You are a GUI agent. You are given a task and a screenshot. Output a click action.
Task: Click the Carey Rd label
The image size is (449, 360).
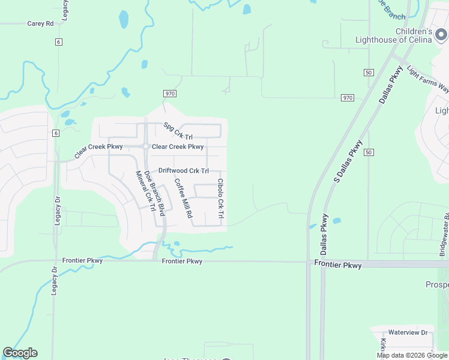(x=41, y=24)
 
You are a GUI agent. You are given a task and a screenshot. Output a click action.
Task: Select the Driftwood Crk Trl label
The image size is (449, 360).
(x=183, y=171)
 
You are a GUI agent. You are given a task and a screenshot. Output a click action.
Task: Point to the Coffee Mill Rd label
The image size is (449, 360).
(x=183, y=197)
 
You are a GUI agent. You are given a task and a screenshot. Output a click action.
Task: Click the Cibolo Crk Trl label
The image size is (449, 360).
(x=220, y=199)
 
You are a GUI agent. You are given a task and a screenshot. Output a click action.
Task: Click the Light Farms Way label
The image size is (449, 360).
(x=427, y=79)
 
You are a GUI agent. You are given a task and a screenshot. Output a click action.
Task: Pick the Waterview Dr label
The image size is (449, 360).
(x=407, y=332)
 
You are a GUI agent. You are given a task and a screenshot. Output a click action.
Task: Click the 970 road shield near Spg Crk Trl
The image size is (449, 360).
(x=169, y=94)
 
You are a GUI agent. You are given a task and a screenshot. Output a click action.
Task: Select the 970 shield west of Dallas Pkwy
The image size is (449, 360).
(x=348, y=97)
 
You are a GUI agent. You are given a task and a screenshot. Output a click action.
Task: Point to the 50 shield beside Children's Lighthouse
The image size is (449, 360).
(x=369, y=73)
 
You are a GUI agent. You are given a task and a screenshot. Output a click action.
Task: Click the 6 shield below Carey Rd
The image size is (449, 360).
(x=58, y=41)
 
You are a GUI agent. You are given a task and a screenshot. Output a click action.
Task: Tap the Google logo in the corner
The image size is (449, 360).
(x=20, y=353)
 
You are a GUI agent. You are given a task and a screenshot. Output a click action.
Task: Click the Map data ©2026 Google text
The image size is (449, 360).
(x=412, y=355)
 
